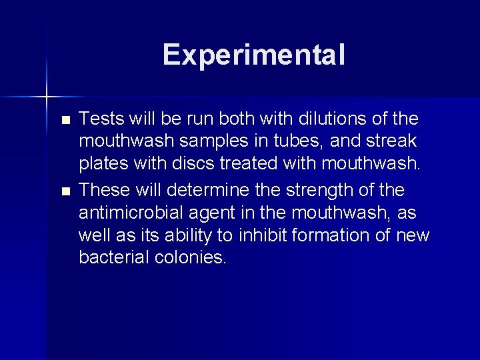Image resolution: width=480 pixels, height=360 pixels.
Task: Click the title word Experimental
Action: (253, 55)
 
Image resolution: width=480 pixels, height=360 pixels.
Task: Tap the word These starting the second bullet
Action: (103, 190)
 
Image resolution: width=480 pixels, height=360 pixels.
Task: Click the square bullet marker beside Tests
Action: (65, 121)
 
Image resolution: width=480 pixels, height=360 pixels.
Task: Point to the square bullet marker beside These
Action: (65, 191)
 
